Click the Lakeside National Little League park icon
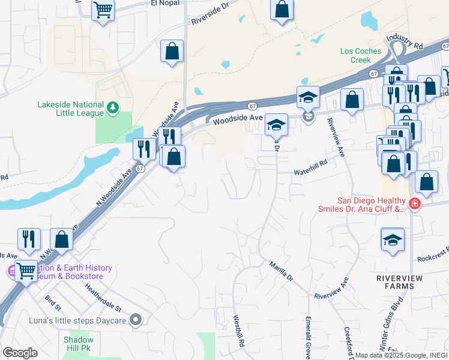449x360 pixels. click(x=112, y=107)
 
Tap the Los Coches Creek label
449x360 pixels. click(x=361, y=55)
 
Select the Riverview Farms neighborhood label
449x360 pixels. click(x=396, y=282)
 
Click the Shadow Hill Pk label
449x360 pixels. click(x=79, y=344)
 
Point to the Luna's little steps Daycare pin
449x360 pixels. click(x=136, y=320)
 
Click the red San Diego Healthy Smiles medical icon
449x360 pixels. click(x=415, y=205)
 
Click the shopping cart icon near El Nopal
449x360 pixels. click(x=103, y=10)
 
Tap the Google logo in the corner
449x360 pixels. click(x=20, y=353)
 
